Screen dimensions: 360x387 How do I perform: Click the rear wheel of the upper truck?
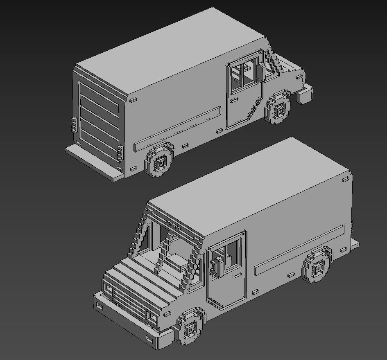(159, 161)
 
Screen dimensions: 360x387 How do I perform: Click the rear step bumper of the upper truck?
(94, 163)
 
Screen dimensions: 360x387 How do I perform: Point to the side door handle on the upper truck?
(234, 99)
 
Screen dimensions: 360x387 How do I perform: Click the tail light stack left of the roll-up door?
(74, 124)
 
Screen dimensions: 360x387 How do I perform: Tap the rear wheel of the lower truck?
(318, 266)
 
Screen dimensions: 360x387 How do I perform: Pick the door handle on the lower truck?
(236, 276)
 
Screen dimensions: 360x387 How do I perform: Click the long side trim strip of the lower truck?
(299, 249)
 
